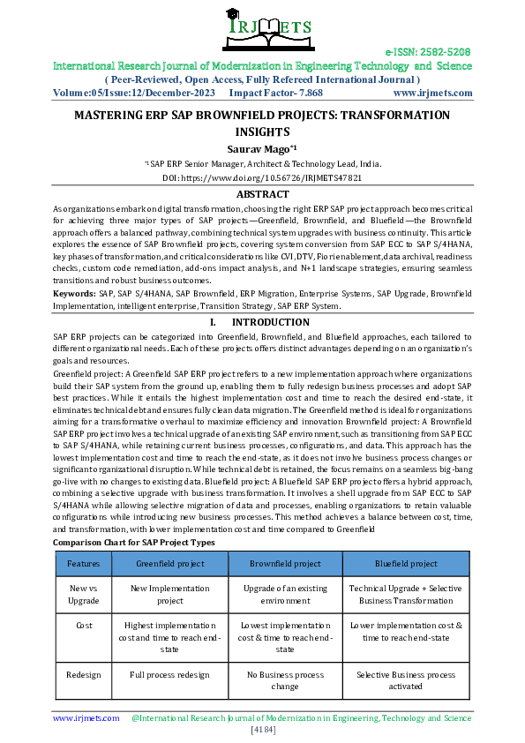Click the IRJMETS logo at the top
(x=261, y=26)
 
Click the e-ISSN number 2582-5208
(x=428, y=53)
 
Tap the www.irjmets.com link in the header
(x=431, y=92)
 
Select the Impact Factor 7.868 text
(x=275, y=92)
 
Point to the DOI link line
(x=262, y=177)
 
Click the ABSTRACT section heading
(x=262, y=193)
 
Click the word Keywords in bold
(x=74, y=292)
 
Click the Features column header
(x=83, y=563)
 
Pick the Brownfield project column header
(x=284, y=563)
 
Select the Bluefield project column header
(x=406, y=563)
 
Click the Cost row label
(x=83, y=624)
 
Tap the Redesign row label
(x=83, y=675)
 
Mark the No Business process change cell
(x=284, y=680)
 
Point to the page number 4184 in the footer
(x=262, y=731)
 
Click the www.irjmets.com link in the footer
(x=86, y=718)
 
